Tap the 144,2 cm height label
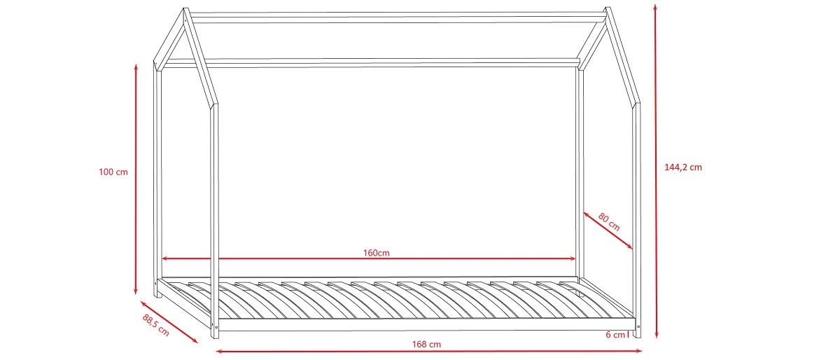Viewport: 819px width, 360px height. click(682, 167)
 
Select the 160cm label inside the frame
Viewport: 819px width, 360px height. click(377, 252)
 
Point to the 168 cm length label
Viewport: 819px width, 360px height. click(426, 344)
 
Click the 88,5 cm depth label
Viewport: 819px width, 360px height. click(155, 326)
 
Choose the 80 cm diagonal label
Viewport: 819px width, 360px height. click(609, 221)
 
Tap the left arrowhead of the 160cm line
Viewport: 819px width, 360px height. click(164, 259)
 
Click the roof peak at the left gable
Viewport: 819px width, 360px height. click(186, 11)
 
